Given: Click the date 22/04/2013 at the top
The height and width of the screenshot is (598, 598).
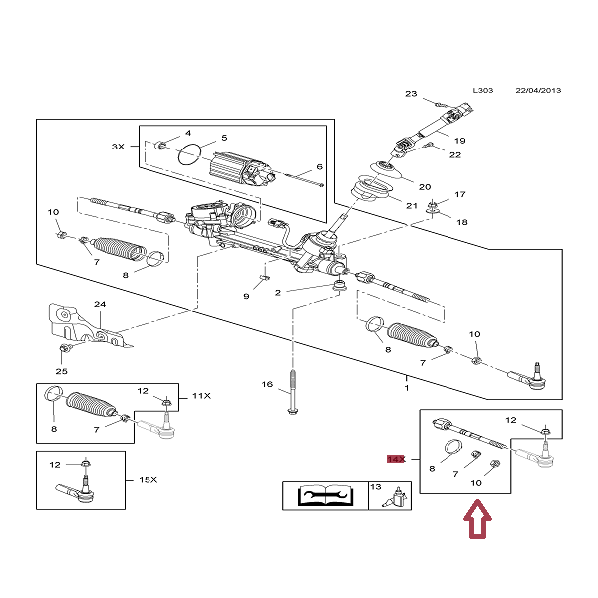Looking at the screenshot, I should (538, 90).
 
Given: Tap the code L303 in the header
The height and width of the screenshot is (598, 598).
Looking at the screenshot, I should (482, 90).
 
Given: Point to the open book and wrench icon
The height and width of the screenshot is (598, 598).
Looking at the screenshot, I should (324, 495).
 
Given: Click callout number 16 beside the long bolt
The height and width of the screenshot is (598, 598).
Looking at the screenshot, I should (267, 384).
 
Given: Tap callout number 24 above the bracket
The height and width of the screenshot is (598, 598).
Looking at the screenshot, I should (99, 305).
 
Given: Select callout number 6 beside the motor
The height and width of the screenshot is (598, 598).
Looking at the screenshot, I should (320, 166).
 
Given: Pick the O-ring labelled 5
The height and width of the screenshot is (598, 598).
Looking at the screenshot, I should (191, 154).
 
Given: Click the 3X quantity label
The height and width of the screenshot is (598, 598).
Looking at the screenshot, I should (118, 147).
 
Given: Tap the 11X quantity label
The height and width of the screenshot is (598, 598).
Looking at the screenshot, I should (201, 396).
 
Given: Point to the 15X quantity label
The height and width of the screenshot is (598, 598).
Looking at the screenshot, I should (148, 479).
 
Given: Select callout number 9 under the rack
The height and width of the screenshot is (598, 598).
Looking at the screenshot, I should (246, 296).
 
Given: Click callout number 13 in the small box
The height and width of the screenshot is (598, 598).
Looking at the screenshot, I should (376, 487).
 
